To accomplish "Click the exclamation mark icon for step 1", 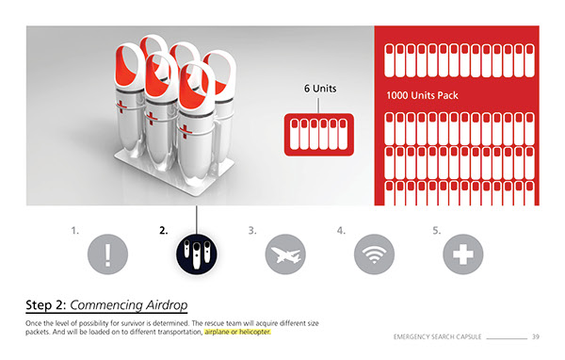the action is pyautogui.click(x=107, y=254).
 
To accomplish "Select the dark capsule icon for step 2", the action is pyautogui.click(x=197, y=254).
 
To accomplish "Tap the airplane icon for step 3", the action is pyautogui.click(x=285, y=254).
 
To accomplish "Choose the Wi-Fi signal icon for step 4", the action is pyautogui.click(x=374, y=254).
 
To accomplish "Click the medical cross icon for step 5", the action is pyautogui.click(x=463, y=254).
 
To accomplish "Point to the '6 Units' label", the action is pyautogui.click(x=320, y=89).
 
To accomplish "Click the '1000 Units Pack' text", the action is pyautogui.click(x=422, y=95).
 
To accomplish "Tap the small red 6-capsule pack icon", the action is pyautogui.click(x=319, y=135).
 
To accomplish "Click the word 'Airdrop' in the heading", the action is pyautogui.click(x=167, y=305).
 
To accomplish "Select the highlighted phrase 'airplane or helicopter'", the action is pyautogui.click(x=237, y=332).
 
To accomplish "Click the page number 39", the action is pyautogui.click(x=536, y=337).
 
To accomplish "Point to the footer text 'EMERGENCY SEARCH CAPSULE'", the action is pyautogui.click(x=438, y=337).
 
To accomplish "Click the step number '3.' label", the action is pyautogui.click(x=252, y=230).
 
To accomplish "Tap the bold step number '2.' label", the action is pyautogui.click(x=164, y=230).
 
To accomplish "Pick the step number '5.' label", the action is pyautogui.click(x=437, y=230).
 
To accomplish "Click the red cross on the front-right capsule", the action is pyautogui.click(x=186, y=131).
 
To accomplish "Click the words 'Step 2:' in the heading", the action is pyautogui.click(x=46, y=305).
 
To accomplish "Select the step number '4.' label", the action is pyautogui.click(x=341, y=230).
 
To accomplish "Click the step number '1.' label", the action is pyautogui.click(x=74, y=230).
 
